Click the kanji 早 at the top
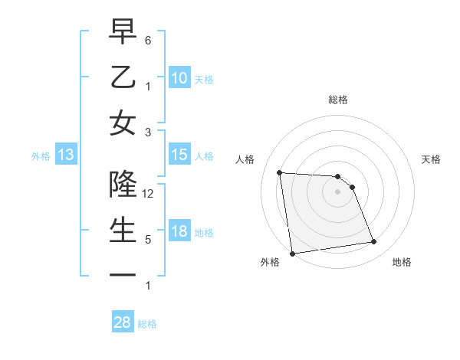pos(123,32)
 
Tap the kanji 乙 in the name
pos(123,77)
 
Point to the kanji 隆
pos(123,184)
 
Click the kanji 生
pos(123,229)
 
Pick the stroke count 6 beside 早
pos(149,39)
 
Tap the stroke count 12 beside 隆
pos(149,194)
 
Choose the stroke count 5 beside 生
pos(149,240)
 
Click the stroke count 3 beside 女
pos(149,132)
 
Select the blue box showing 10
pos(179,77)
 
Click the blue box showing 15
pos(179,155)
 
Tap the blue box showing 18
pos(179,231)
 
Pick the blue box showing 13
pos(66,155)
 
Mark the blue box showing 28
pos(123,322)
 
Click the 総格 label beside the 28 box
pos(147,324)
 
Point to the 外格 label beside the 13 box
pos(41,156)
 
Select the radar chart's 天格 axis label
pos(432,159)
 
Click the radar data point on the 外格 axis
pos(292,253)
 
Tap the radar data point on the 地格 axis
pos(373,242)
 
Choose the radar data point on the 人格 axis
pos(280,172)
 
